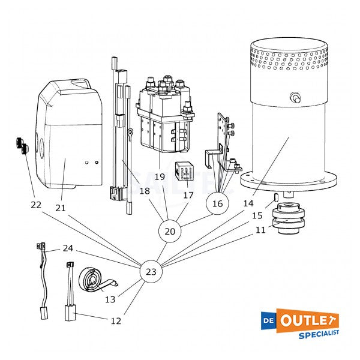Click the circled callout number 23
click(x=151, y=272)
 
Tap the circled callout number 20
click(x=169, y=231)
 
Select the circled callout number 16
click(x=217, y=204)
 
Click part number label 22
click(x=36, y=205)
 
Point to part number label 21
click(x=60, y=208)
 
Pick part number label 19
click(x=159, y=177)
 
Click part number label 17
click(x=188, y=195)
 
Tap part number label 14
click(x=248, y=203)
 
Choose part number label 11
click(x=259, y=230)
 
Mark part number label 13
click(x=110, y=299)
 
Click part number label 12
click(x=116, y=321)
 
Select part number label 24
click(x=68, y=248)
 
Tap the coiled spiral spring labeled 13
click(x=91, y=280)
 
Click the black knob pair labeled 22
click(x=20, y=146)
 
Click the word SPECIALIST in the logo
click(x=319, y=332)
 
